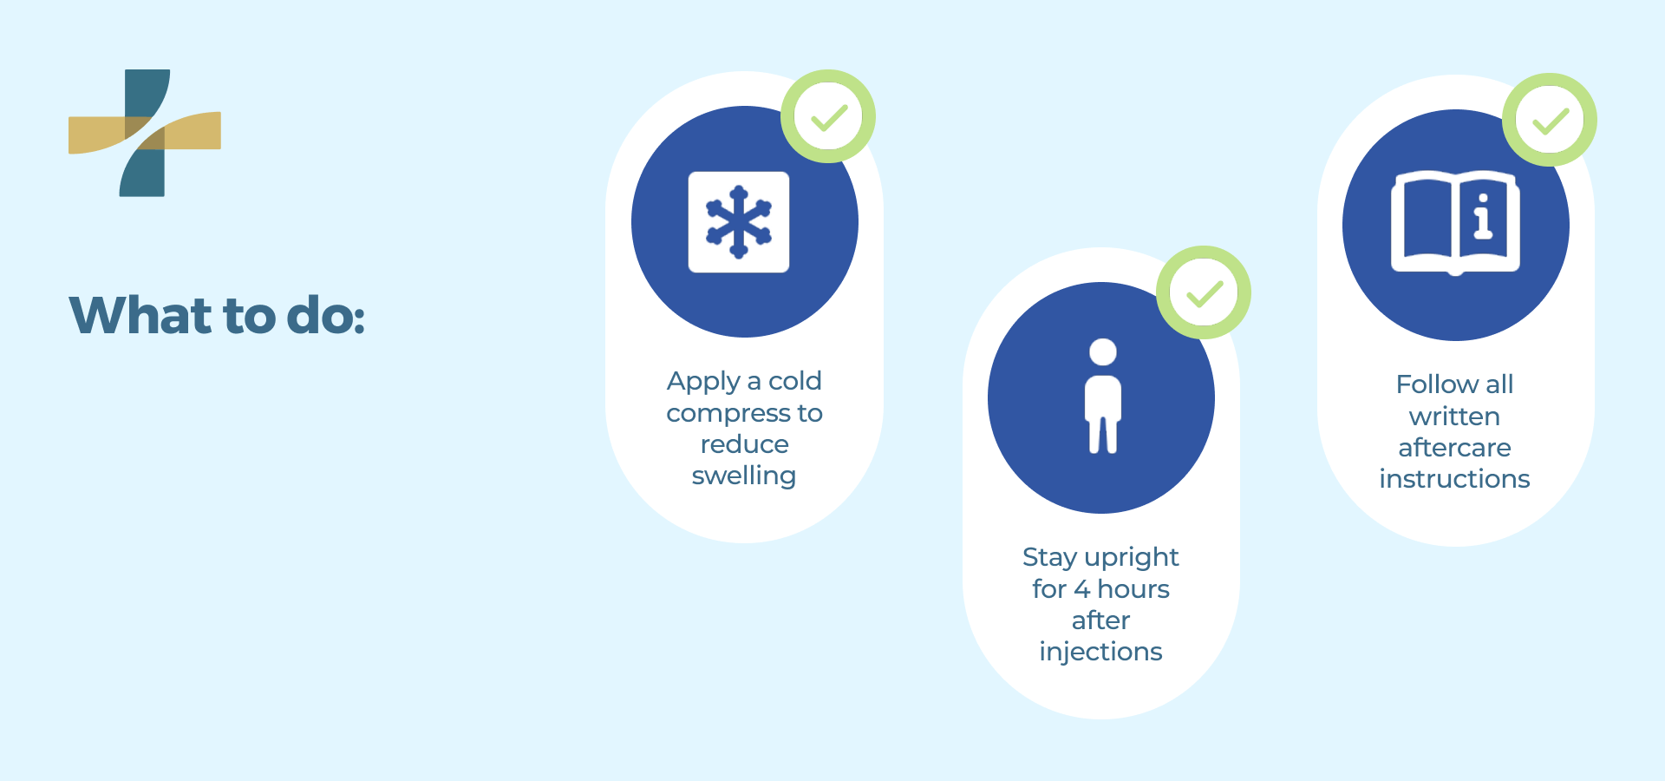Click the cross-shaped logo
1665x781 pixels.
click(x=145, y=133)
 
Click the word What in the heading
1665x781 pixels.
click(x=140, y=315)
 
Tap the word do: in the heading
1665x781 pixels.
click(x=326, y=315)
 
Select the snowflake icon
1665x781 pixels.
click(x=739, y=222)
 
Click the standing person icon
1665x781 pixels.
click(x=1103, y=396)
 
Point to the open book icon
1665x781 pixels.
click(x=1456, y=223)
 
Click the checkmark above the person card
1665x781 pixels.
click(x=1205, y=293)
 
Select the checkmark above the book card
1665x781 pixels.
click(x=1551, y=121)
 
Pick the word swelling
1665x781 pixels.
click(x=744, y=476)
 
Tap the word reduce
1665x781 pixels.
click(x=745, y=444)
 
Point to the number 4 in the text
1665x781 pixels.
click(x=1081, y=589)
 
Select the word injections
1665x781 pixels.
click(x=1101, y=653)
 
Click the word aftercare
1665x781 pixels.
click(x=1455, y=448)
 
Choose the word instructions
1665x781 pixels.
click(x=1455, y=479)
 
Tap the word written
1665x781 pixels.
click(x=1455, y=417)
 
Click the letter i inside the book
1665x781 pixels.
click(x=1483, y=216)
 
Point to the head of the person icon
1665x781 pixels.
click(x=1103, y=351)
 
